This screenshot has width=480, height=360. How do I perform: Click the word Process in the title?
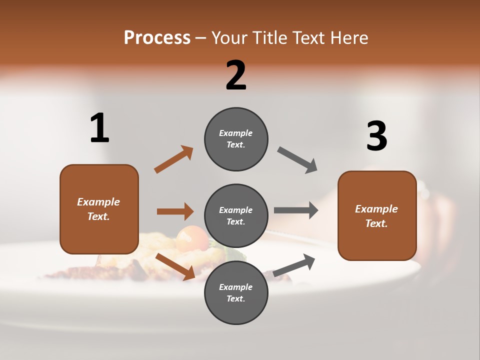(x=157, y=38)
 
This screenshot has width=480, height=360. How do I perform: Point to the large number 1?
(x=99, y=128)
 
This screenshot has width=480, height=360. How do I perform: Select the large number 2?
(x=236, y=75)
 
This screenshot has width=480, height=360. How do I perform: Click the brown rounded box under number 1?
(x=99, y=209)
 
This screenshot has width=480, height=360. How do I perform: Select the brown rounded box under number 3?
(x=377, y=216)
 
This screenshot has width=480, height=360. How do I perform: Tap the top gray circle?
(x=236, y=139)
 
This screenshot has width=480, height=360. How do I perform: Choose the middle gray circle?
(x=236, y=215)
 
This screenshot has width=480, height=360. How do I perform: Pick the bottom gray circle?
(x=236, y=292)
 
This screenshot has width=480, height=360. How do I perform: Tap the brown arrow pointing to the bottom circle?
(x=175, y=266)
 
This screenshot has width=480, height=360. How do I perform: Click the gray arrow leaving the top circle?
(x=297, y=160)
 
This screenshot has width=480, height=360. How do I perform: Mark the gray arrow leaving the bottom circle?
(x=294, y=265)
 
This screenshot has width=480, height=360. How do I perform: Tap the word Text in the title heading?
(x=309, y=38)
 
